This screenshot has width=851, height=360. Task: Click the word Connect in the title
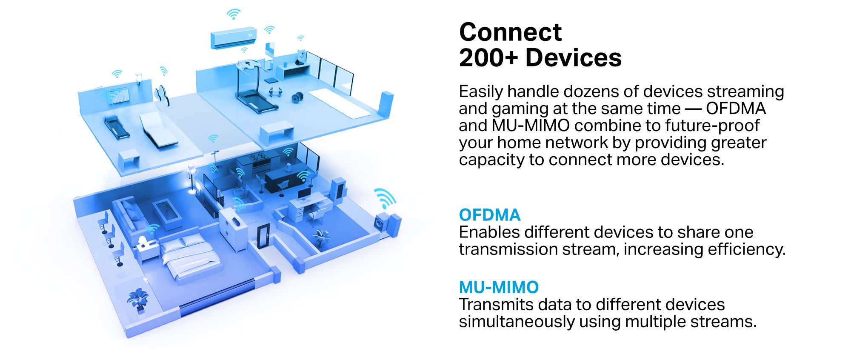[x=510, y=32]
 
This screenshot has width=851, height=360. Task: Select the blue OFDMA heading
[x=489, y=215]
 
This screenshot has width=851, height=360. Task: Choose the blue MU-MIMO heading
[x=499, y=287]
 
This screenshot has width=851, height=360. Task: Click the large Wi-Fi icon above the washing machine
[x=385, y=197]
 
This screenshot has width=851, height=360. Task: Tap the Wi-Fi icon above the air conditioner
[x=233, y=14]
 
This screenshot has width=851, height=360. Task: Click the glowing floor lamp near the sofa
[x=191, y=179]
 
